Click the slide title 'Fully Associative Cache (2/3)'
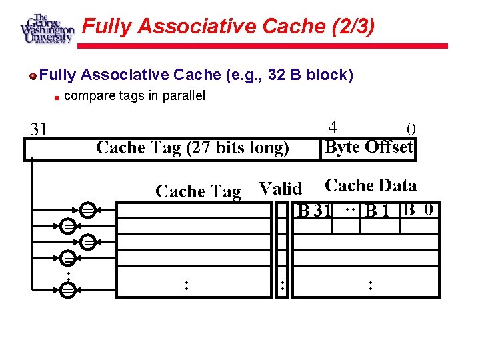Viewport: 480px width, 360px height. (x=228, y=27)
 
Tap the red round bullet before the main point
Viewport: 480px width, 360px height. (x=33, y=75)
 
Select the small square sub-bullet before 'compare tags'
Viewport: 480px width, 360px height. (x=57, y=97)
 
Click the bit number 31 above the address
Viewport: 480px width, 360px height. (x=39, y=129)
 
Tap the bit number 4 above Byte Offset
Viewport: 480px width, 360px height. (x=333, y=127)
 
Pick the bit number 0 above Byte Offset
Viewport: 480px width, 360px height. (x=411, y=129)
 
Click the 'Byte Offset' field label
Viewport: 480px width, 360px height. (x=369, y=147)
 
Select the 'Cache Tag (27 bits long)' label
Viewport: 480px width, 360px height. (x=193, y=147)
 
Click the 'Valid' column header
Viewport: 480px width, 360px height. (x=280, y=189)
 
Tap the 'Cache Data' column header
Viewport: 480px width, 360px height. (x=371, y=186)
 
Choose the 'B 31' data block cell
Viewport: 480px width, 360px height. (x=315, y=211)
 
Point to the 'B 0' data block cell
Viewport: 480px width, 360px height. (x=420, y=210)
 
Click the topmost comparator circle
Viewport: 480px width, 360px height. (x=87, y=211)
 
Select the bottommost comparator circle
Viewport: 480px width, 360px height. (x=67, y=289)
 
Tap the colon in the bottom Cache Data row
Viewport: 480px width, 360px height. (x=370, y=285)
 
